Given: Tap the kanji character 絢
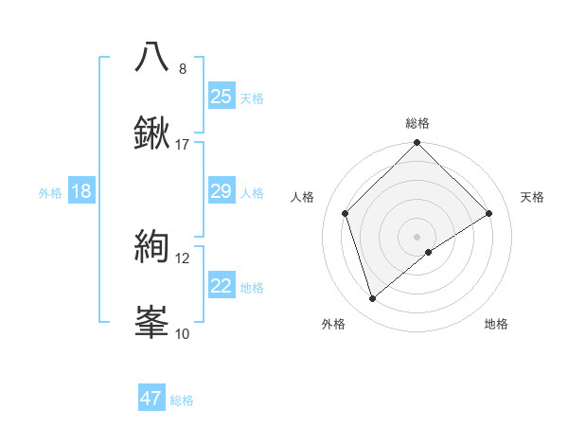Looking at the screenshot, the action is [x=152, y=246].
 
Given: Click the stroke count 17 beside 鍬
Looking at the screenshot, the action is [x=183, y=145].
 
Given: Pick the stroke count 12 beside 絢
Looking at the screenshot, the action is [x=183, y=258].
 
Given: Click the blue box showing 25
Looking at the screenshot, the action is [x=221, y=97].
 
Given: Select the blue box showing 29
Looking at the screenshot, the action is [x=221, y=192].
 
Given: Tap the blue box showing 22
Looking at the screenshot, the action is [x=221, y=287].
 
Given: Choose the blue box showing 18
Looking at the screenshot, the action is [x=81, y=192].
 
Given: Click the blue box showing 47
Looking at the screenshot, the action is [x=151, y=400].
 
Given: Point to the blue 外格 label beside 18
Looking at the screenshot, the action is [x=50, y=193].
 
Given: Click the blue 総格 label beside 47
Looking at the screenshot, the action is [x=182, y=400].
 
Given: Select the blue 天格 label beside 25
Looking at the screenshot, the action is [x=252, y=98].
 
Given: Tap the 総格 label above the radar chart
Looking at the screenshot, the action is [x=417, y=124].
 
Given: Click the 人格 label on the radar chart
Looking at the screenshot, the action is [x=303, y=197].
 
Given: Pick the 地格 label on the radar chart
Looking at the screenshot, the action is [x=496, y=325].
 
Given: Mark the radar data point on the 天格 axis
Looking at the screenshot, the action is [x=489, y=213].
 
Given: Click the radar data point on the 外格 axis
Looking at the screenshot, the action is [x=373, y=299].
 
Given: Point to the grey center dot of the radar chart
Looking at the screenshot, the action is [x=417, y=236].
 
